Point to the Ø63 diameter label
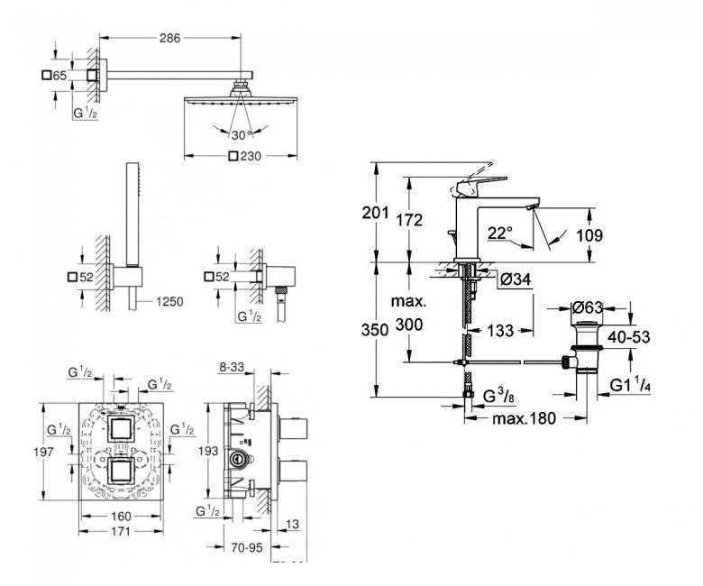pyautogui.click(x=587, y=308)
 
